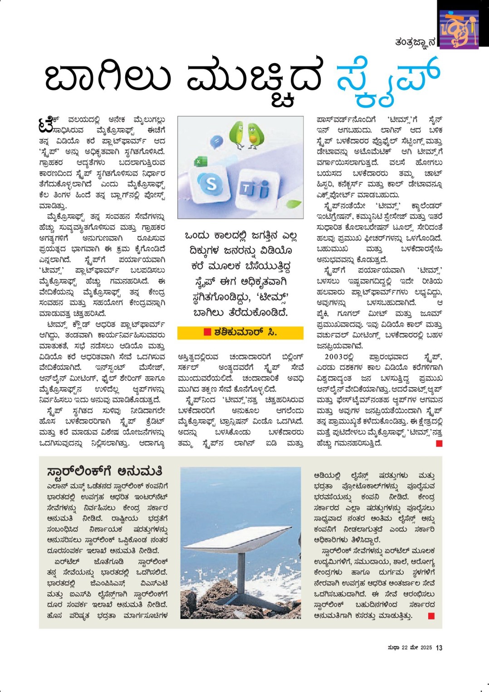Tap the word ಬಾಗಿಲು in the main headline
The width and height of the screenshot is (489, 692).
[x=108, y=77]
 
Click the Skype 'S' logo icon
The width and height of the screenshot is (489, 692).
[x=211, y=184]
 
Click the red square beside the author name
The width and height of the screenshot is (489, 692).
[x=207, y=332]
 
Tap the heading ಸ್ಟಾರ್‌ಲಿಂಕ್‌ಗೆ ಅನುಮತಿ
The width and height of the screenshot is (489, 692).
[x=104, y=471]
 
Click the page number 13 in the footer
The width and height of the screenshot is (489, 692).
[x=439, y=648]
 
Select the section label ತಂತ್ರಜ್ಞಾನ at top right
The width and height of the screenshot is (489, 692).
[x=415, y=42]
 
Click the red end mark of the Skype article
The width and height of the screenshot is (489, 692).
[x=439, y=443]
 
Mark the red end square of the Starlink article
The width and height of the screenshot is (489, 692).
[x=431, y=616]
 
